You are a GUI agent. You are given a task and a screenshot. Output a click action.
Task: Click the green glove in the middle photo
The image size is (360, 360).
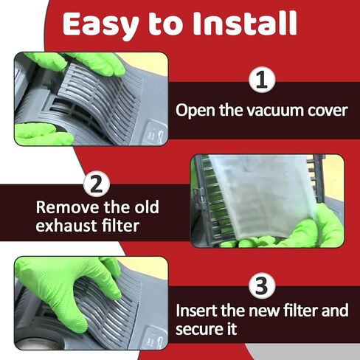click(x=310, y=232)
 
